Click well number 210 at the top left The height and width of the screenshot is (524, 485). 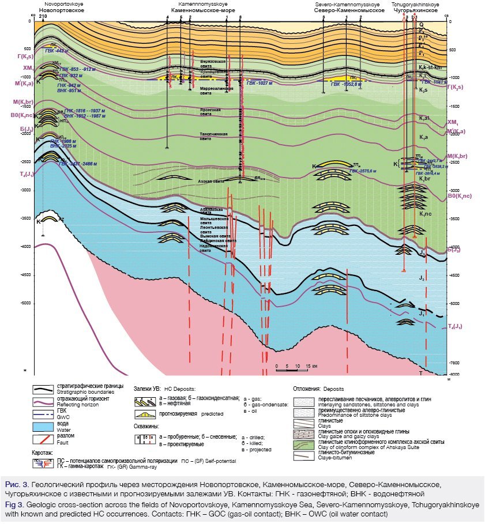click(43, 16)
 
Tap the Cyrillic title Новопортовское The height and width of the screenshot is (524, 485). click(58, 10)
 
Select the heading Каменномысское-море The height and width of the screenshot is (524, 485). click(197, 10)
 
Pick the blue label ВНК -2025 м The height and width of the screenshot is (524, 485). click(62, 146)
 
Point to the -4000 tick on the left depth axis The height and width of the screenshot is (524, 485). click(25, 247)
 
